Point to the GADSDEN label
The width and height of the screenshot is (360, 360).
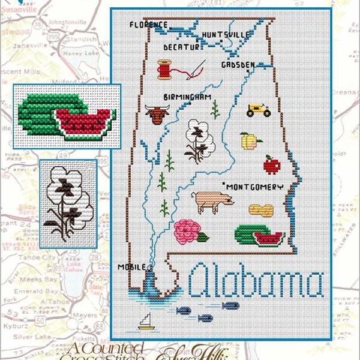[238, 64]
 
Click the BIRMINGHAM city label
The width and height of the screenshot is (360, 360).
[186, 96]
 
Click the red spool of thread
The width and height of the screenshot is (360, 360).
[164, 70]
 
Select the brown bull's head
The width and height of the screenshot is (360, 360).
[157, 114]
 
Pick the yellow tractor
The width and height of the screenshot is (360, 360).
[259, 110]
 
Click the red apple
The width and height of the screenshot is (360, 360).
[272, 164]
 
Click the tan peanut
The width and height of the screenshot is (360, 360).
[260, 210]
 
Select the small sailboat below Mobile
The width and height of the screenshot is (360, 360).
[145, 323]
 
